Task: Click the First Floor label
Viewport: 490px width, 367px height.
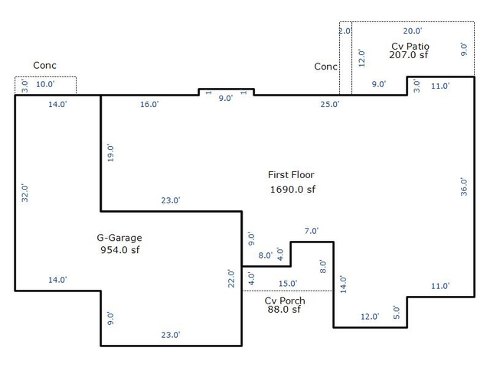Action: coord(291,175)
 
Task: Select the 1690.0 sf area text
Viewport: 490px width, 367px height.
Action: coord(292,190)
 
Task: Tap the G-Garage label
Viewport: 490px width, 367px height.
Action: coord(119,238)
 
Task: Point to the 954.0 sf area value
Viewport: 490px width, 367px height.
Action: coord(120,250)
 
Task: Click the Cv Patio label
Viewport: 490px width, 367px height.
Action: coord(410,46)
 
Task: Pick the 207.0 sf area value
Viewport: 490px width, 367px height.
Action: coord(409,55)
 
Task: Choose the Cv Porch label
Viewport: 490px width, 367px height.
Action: coord(285,300)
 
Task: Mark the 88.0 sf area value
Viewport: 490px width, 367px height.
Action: coord(284,309)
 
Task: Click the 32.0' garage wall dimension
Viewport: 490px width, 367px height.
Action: coord(24,193)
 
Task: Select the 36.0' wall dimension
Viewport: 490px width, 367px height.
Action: coord(464,187)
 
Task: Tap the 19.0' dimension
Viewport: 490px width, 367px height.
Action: coord(110,153)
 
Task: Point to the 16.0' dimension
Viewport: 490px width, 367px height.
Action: coord(149,104)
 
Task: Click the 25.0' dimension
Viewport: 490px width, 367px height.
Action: coord(330,104)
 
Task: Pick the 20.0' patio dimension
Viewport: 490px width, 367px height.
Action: coord(413,31)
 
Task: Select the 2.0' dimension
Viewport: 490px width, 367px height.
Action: coord(345,31)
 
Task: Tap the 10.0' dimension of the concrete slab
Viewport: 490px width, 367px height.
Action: coord(45,84)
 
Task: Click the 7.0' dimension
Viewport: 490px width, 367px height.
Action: coord(312,231)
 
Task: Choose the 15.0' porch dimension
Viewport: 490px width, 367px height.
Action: coord(288,284)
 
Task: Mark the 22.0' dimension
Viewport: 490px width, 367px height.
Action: coord(231,278)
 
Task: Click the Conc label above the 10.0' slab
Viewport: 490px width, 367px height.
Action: coord(44,66)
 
